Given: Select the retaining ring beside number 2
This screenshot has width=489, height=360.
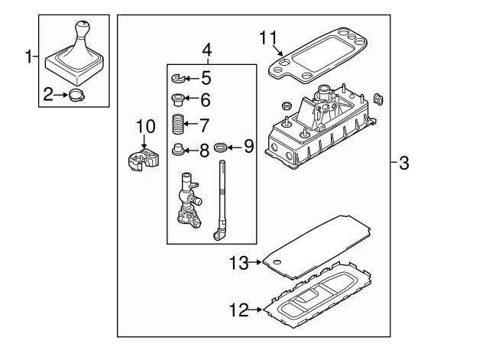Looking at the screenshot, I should pyautogui.click(x=76, y=96).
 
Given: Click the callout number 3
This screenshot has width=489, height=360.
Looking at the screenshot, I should pyautogui.click(x=404, y=162).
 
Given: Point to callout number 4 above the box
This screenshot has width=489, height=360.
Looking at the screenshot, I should pyautogui.click(x=206, y=51).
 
